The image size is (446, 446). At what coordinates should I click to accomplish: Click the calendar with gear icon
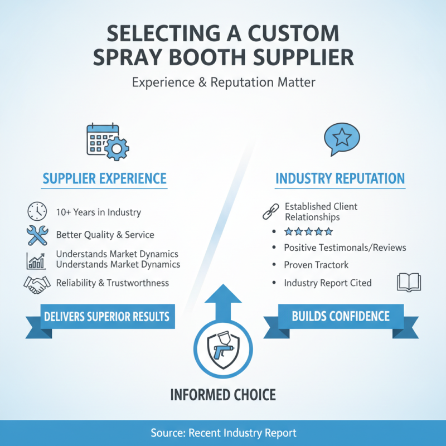click(x=108, y=142)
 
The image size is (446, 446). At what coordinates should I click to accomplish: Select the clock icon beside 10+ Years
click(x=37, y=211)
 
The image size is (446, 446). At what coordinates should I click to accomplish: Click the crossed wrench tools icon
click(x=37, y=235)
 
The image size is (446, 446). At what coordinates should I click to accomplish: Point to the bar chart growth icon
click(x=36, y=261)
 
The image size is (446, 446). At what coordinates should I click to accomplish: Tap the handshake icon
click(x=37, y=285)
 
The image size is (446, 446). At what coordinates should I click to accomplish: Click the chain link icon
click(x=271, y=211)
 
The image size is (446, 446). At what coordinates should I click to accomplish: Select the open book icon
click(x=409, y=283)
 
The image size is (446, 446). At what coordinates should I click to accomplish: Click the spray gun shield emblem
click(x=224, y=350)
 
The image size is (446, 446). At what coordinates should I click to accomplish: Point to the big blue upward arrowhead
click(x=224, y=293)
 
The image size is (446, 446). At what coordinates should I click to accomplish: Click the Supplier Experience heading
click(x=104, y=178)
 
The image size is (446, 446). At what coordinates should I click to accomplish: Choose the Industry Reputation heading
click(x=340, y=178)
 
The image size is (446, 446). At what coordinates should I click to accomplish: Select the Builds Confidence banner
click(x=341, y=320)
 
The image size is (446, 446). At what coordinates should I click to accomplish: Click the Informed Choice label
click(x=223, y=395)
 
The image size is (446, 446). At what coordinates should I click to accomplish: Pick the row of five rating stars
click(x=309, y=232)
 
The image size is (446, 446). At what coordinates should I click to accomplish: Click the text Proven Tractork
click(x=316, y=265)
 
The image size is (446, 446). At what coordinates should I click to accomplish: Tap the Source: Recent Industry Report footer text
click(x=224, y=433)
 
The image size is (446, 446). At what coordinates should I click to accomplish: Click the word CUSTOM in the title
click(x=294, y=33)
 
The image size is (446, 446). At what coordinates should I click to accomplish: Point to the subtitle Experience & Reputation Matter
click(x=224, y=82)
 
